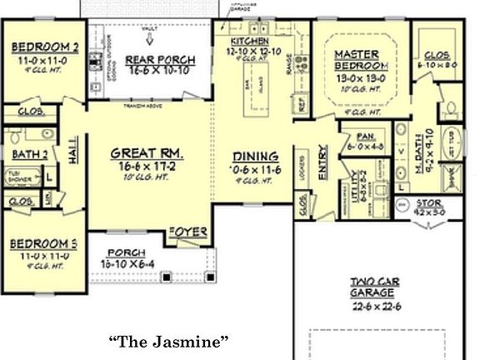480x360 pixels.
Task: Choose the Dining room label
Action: (254, 155)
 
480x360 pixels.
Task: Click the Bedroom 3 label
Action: (43, 243)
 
